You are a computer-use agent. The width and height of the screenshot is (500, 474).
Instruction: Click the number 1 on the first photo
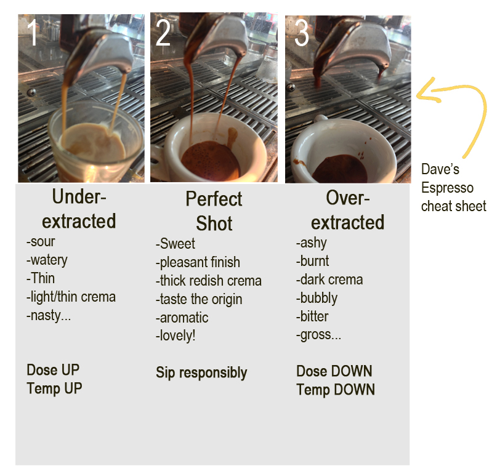tap(33, 34)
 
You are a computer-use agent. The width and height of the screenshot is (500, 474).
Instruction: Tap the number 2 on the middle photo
tap(163, 34)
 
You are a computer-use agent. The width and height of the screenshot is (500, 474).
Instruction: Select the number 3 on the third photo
tap(302, 34)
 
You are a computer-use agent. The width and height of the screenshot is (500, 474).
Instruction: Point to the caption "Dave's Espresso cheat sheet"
tap(453, 187)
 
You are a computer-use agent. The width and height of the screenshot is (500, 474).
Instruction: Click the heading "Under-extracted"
tap(79, 209)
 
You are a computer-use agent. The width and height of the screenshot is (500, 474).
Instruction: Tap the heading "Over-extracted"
tap(347, 210)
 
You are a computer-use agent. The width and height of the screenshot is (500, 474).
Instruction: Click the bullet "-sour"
tap(42, 242)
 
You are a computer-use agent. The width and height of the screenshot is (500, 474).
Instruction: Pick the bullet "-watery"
tap(47, 260)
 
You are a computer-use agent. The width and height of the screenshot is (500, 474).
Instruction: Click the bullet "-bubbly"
tap(317, 298)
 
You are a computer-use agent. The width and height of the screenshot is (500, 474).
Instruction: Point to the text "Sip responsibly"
tap(201, 372)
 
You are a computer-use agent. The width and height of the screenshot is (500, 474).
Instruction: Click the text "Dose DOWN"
tap(334, 371)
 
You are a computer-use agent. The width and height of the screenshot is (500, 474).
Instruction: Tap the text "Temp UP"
tap(54, 388)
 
